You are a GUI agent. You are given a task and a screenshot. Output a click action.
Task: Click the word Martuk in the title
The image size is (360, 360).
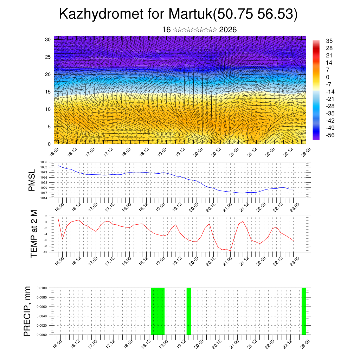190,14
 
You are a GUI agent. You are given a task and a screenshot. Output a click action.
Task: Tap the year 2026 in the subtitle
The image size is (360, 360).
228,30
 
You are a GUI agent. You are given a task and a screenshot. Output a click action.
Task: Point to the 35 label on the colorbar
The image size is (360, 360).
329,41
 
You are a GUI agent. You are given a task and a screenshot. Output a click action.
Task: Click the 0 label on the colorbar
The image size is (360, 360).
328,77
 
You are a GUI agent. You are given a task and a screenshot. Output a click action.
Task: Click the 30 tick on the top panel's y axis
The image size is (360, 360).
48,39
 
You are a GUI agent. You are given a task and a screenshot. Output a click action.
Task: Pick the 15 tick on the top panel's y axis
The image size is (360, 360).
48,92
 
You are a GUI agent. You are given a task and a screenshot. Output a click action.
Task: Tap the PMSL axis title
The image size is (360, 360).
32,180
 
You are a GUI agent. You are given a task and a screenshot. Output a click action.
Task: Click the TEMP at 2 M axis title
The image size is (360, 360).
34,233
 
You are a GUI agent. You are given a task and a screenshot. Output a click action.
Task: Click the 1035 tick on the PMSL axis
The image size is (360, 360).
44,162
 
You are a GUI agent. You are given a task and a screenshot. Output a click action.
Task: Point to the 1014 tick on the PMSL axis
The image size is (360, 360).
44,198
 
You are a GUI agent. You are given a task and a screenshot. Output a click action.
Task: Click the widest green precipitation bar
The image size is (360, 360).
158,311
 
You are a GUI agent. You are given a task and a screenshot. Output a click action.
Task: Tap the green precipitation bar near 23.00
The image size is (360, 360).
304,311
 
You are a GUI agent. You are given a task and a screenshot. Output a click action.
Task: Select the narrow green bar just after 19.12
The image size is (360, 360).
189,311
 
